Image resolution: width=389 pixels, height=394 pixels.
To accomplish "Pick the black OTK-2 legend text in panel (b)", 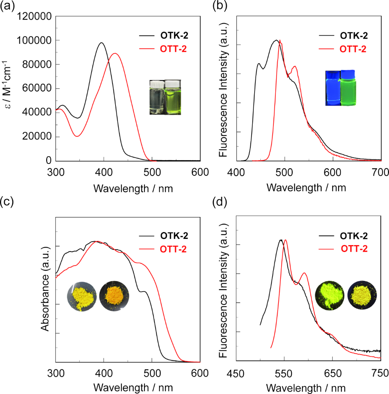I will pos(354,36).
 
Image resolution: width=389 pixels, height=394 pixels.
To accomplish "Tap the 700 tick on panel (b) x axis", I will pos(381,172).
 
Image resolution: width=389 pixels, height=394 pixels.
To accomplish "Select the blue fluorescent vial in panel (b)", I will pos(332,88).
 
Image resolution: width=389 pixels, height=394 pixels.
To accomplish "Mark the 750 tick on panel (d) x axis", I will pos(381,374).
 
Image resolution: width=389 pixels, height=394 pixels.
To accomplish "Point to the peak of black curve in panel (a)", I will pos(102,43).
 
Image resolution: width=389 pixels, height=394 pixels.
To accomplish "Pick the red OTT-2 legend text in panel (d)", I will pos(354,249).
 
